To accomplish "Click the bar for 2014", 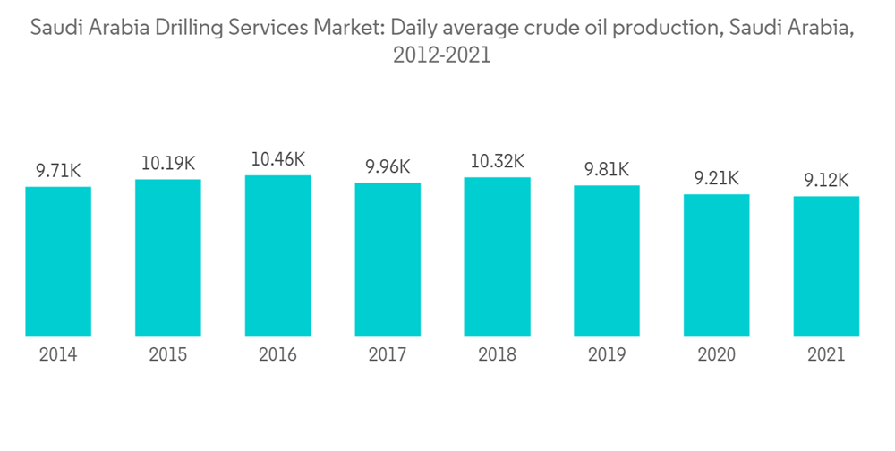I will click(58, 261).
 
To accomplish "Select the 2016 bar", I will click(277, 256).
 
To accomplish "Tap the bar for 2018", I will click(497, 257).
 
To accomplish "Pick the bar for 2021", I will click(826, 267).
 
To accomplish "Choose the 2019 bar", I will click(607, 261).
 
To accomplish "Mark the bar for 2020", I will click(716, 265).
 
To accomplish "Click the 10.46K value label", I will click(277, 160).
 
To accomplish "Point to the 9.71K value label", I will click(58, 170).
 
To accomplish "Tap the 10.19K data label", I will click(168, 164).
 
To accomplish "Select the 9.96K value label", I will click(388, 166).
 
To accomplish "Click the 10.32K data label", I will click(497, 162).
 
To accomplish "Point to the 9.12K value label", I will click(826, 181).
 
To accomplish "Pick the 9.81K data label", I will click(607, 169).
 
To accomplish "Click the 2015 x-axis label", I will click(168, 355).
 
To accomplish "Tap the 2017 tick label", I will click(388, 355).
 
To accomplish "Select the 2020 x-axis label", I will click(716, 355).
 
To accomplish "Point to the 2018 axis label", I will click(497, 355).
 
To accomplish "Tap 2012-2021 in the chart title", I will click(441, 55).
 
